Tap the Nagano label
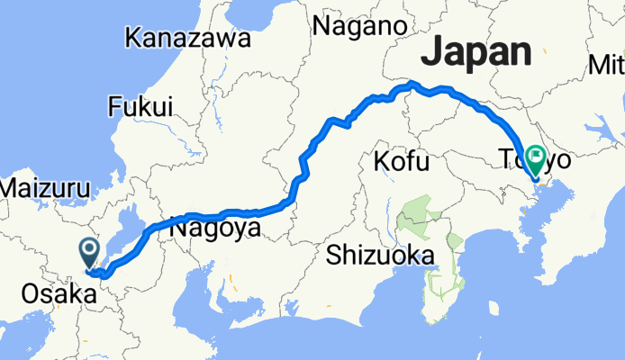coord(359,27)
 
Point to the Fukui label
coord(140,107)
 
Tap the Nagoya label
coord(215,230)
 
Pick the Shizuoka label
coord(380,256)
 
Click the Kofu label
coord(397,163)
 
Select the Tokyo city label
coord(536,162)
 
